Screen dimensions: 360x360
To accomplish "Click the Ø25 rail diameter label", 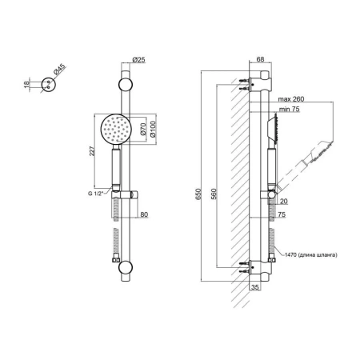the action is (138, 59).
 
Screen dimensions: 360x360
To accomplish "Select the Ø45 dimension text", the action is (59, 70).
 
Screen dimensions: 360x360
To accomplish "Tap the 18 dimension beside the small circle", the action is (26, 85).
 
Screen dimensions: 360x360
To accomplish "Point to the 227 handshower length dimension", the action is (91, 151).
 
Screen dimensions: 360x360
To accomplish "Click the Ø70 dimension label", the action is (143, 129).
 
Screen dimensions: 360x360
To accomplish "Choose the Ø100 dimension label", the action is (153, 130).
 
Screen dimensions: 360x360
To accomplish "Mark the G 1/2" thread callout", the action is (95, 194).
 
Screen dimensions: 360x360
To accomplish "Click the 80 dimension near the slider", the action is (144, 214).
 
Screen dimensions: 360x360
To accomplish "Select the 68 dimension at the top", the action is (260, 59).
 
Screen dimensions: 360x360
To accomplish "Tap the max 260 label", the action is (291, 99).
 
